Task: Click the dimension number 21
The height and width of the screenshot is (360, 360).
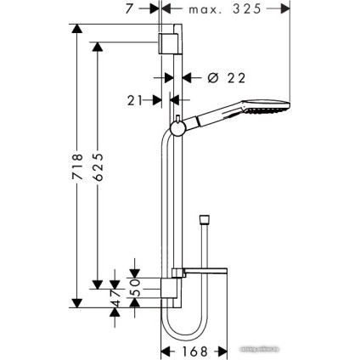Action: (x=135, y=99)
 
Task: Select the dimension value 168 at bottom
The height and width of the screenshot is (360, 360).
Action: (x=194, y=349)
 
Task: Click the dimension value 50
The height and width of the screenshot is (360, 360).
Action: (x=133, y=283)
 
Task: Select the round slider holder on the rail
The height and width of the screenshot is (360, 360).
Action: (x=177, y=128)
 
